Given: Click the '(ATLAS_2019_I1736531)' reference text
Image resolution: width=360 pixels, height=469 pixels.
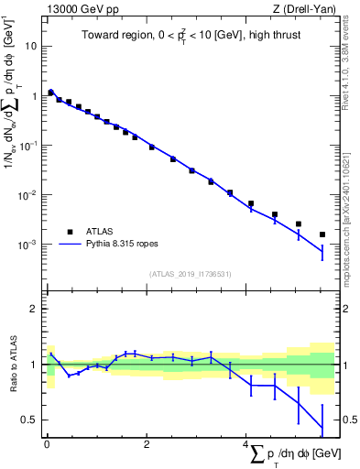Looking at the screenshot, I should pos(191,274).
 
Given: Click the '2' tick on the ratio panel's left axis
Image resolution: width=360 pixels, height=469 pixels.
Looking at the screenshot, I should pos(34,309).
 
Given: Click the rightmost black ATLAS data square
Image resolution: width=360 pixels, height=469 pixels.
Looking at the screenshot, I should pos(322,234).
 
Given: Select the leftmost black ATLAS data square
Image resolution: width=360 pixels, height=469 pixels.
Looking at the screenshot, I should pos(51,93).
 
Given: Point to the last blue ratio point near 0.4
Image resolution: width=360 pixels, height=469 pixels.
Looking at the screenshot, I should pos(322,429).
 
